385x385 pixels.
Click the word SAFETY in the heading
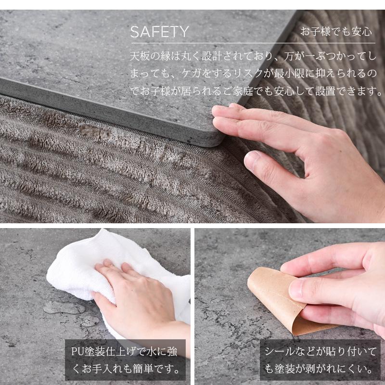point(159,32)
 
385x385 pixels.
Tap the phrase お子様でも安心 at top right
point(336,32)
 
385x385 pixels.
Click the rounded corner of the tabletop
point(214,140)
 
